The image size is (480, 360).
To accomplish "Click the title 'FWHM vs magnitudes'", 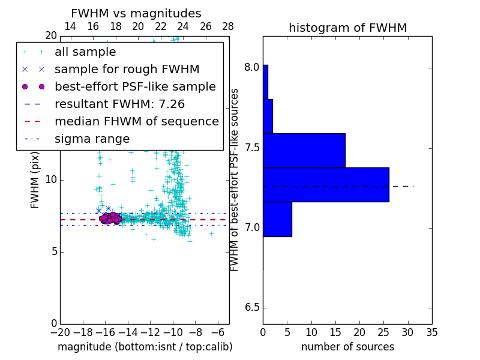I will click(136, 14).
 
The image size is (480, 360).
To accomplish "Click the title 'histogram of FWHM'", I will click(347, 28).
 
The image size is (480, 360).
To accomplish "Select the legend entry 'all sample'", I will click(85, 52).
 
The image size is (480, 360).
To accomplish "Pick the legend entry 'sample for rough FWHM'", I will click(127, 70).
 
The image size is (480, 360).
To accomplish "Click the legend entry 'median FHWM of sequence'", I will click(136, 122).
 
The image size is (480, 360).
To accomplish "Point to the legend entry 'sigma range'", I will click(92, 139).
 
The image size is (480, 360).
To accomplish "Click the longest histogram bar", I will click(326, 184).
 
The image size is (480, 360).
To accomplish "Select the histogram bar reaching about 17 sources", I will click(304, 150).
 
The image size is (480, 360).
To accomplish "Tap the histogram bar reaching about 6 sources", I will click(277, 219).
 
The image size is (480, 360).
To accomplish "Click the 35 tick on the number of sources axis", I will click(431, 332).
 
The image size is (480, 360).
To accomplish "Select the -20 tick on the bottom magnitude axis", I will click(60, 332).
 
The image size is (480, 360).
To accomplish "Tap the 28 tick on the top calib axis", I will click(228, 26).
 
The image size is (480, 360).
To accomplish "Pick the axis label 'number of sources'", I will click(347, 347).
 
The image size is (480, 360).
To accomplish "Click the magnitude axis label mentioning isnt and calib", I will click(145, 347).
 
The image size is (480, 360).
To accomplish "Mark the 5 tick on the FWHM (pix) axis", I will click(53, 251).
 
